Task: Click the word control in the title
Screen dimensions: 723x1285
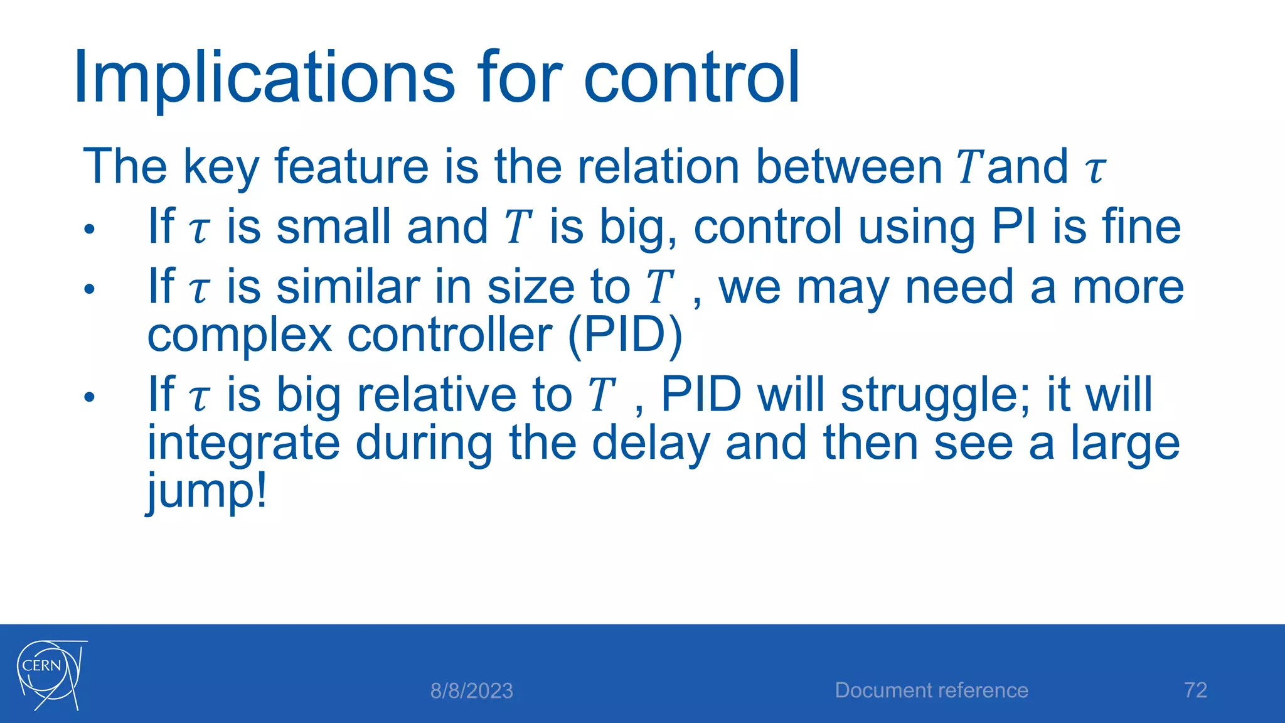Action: coord(691,78)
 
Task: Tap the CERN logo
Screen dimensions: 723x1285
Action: coord(50,675)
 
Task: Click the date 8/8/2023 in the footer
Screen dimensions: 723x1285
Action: coord(471,691)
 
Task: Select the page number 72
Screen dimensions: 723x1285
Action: coord(1195,690)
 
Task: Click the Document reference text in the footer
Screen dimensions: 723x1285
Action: coord(931,690)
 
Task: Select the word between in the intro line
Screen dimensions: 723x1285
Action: coord(849,166)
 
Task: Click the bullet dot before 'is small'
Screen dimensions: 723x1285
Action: coord(90,229)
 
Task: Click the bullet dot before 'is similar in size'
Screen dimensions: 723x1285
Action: coord(90,289)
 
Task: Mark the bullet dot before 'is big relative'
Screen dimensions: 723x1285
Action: coord(90,397)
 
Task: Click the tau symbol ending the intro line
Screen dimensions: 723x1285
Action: coord(1096,169)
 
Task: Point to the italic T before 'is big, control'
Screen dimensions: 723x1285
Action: coord(518,227)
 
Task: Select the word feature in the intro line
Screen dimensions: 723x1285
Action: coord(351,166)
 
